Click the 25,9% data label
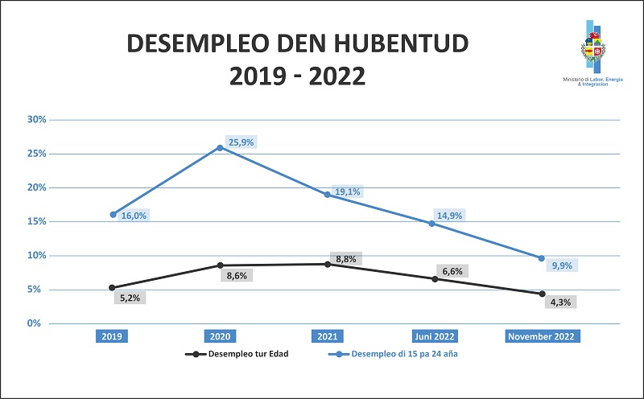point(241,142)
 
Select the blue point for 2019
point(114,215)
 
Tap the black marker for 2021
point(328,264)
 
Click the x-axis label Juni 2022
point(435,336)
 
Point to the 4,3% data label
point(563,302)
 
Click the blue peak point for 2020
point(221,147)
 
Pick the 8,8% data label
point(346,258)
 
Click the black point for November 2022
point(542,294)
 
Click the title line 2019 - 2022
point(297,76)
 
